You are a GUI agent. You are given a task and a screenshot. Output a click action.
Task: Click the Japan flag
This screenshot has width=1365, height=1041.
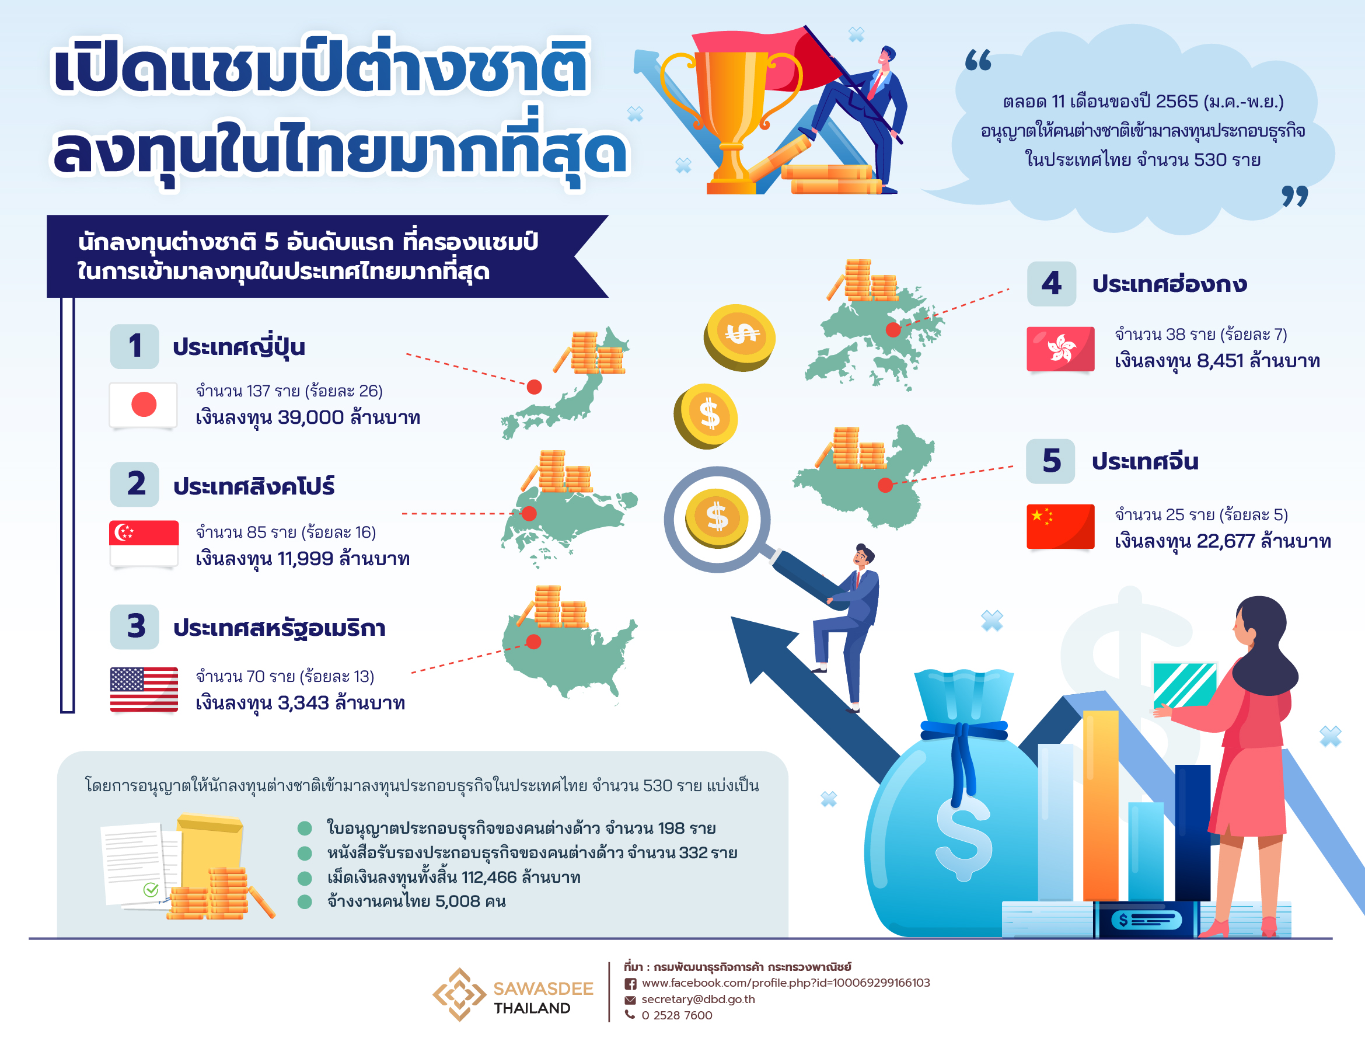(x=143, y=405)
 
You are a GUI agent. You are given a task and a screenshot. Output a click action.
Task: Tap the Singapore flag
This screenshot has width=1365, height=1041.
(x=144, y=543)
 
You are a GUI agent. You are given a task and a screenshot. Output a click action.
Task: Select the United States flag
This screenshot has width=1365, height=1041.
(x=144, y=689)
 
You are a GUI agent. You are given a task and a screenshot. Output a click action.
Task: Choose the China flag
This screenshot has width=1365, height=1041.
(x=1060, y=527)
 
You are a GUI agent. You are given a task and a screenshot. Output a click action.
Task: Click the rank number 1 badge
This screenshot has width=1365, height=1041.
(x=135, y=346)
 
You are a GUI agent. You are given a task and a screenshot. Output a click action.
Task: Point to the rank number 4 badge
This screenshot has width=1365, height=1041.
(x=1052, y=283)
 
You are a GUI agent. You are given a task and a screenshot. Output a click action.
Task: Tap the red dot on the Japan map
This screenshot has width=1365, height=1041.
(x=535, y=387)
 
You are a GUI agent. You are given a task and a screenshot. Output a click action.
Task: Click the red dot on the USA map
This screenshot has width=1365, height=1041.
(x=533, y=641)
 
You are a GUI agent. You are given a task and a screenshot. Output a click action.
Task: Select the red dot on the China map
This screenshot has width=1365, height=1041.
(x=886, y=485)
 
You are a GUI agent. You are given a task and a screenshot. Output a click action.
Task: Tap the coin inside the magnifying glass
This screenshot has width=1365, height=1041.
(x=717, y=518)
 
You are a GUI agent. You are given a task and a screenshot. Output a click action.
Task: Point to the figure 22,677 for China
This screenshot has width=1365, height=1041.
(x=1226, y=541)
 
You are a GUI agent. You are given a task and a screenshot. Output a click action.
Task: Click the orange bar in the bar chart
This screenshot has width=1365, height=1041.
(x=1101, y=806)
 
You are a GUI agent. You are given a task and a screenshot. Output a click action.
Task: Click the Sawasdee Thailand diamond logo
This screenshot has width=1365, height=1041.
(x=459, y=994)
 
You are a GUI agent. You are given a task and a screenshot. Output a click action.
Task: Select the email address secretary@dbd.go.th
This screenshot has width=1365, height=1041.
(x=698, y=999)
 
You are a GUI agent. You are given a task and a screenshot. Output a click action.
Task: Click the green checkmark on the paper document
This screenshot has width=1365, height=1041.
(x=151, y=890)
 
